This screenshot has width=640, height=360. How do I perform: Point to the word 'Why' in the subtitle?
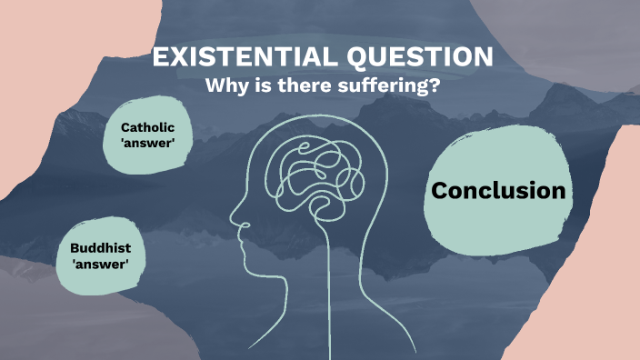(225, 87)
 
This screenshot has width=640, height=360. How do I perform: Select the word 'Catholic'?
(147, 128)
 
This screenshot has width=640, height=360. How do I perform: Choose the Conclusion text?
(498, 191)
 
